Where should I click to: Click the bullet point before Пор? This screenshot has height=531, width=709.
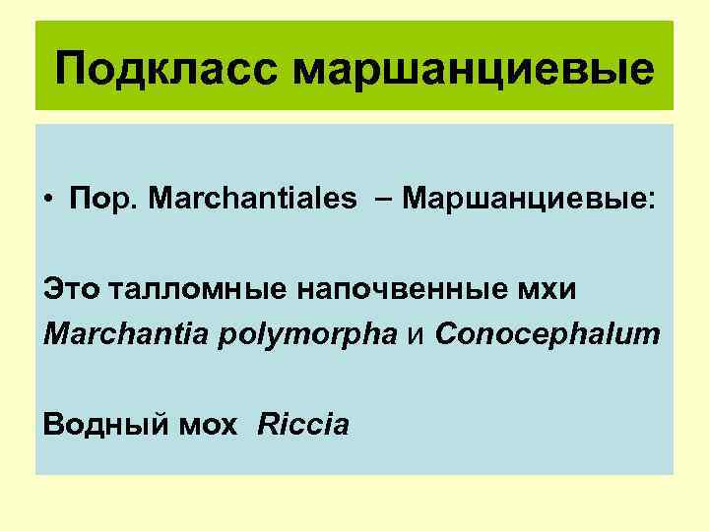[x=48, y=199]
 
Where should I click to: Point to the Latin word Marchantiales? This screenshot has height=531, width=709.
[x=253, y=199]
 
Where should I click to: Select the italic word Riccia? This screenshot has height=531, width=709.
[x=303, y=425]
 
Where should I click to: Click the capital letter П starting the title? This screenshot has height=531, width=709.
[x=72, y=70]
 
